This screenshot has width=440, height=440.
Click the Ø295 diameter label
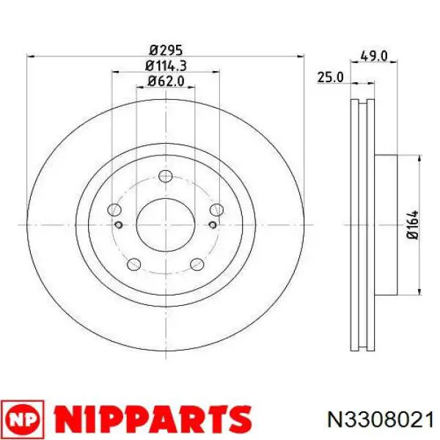pyautogui.click(x=166, y=51)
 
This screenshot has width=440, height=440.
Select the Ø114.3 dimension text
pyautogui.click(x=166, y=66)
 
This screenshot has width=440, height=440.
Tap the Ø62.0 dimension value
pyautogui.click(x=166, y=81)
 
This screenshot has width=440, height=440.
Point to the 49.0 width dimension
pyautogui.click(x=374, y=56)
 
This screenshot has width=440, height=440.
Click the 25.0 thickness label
pyautogui.click(x=330, y=77)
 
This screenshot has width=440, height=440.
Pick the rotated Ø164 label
pyautogui.click(x=413, y=225)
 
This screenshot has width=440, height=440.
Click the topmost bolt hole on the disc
pyautogui.click(x=165, y=176)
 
